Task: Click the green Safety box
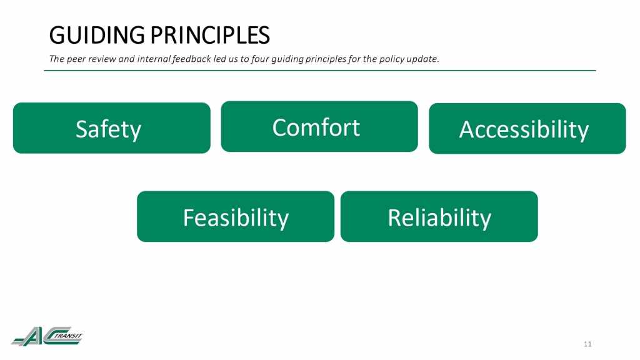(x=112, y=128)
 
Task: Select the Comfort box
(x=319, y=126)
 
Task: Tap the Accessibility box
(x=527, y=129)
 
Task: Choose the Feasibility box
(x=236, y=216)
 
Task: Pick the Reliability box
(x=439, y=216)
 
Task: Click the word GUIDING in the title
(x=97, y=35)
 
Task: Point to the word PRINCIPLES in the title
(x=210, y=35)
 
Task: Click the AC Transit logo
(x=47, y=336)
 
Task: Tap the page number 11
(x=587, y=344)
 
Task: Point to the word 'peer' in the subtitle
(x=76, y=59)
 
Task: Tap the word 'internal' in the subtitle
(x=154, y=59)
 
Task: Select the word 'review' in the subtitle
(x=102, y=59)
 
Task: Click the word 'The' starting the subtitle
(x=57, y=59)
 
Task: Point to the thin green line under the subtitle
(x=320, y=70)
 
